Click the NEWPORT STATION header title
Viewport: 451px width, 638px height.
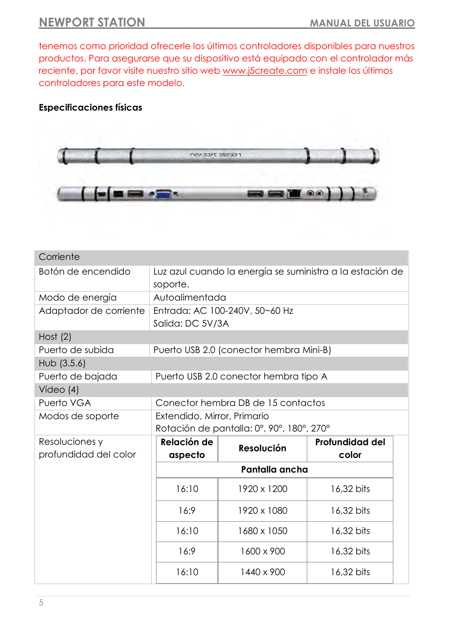pos(92,22)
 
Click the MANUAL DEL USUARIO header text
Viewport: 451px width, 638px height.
pos(362,23)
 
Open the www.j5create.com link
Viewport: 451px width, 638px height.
pos(265,71)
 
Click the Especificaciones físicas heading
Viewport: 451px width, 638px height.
pos(90,108)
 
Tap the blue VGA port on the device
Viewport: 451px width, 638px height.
pos(163,194)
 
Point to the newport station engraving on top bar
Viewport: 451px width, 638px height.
pos(216,155)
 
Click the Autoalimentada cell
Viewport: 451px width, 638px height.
pos(190,298)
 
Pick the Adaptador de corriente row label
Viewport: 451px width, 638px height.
pos(92,311)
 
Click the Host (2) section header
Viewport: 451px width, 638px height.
pos(55,337)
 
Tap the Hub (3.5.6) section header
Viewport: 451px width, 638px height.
pos(62,363)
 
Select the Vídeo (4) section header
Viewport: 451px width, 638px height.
pos(59,390)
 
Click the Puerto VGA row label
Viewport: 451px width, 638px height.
pos(65,403)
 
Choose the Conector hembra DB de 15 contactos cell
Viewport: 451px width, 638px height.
pos(240,403)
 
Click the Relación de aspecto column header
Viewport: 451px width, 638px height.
pos(187,448)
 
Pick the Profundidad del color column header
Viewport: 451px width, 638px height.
pos(350,448)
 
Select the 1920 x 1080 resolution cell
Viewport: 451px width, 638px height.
pos(262,511)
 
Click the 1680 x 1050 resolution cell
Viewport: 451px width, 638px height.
pos(262,531)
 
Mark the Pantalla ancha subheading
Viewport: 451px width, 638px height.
pos(274,470)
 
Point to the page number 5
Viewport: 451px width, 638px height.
pos(41,603)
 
